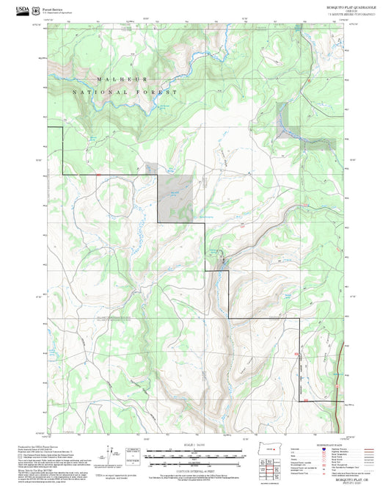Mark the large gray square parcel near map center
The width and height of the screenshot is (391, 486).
tap(176, 199)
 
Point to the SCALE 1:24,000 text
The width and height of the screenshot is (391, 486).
tap(185, 446)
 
